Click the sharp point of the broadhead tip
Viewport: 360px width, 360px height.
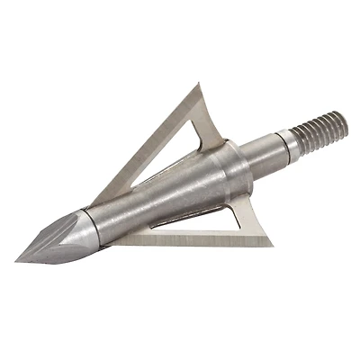(17, 261)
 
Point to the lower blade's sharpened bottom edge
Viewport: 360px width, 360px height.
(180, 240)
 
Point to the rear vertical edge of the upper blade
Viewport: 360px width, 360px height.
(212, 117)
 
